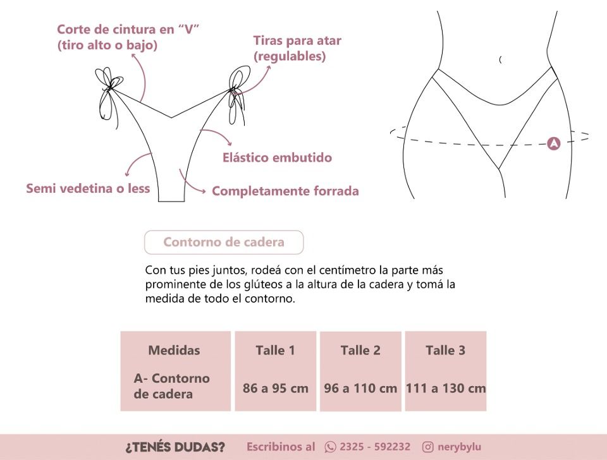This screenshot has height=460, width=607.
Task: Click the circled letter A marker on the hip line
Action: click(554, 143)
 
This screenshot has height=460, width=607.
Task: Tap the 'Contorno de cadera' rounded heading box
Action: click(224, 242)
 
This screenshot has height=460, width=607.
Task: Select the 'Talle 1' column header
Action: click(275, 350)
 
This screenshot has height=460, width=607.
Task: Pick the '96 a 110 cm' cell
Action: click(360, 388)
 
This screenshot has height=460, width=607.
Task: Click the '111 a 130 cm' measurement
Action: click(446, 388)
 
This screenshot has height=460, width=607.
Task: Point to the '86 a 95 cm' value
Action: click(276, 388)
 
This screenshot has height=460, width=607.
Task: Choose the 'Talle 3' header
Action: click(446, 350)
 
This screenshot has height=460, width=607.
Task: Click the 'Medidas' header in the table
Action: click(175, 350)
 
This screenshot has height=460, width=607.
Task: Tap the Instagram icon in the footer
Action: click(428, 447)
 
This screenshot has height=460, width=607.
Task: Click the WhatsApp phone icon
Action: click(330, 447)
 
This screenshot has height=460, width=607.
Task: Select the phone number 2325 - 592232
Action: click(375, 447)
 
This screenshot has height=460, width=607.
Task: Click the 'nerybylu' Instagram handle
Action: click(460, 447)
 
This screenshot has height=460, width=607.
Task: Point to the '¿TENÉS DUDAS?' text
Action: click(175, 447)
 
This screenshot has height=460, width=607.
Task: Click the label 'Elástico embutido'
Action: click(277, 157)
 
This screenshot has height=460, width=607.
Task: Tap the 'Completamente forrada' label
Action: click(285, 191)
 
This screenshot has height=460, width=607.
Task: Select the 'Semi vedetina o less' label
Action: click(88, 188)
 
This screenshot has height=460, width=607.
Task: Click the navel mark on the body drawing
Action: click(501, 59)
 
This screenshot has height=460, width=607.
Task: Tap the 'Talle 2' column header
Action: click(360, 350)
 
